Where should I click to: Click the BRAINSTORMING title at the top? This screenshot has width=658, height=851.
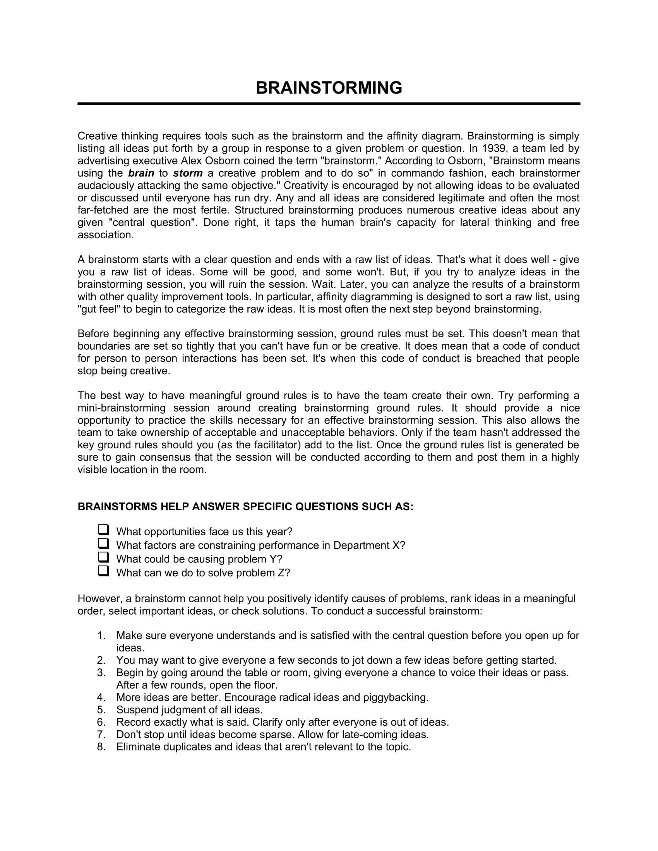click(329, 88)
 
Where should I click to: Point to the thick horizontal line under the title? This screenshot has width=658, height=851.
click(329, 104)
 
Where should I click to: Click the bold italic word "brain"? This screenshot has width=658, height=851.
click(141, 173)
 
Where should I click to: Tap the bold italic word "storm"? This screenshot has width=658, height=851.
click(188, 173)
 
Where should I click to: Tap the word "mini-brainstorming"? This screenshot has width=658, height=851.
click(121, 408)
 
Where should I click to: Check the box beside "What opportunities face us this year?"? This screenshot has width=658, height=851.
click(103, 530)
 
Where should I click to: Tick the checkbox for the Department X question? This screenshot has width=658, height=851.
click(103, 544)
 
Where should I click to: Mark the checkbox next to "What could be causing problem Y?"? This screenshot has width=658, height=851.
click(103, 557)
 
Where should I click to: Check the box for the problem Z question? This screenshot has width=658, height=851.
click(103, 572)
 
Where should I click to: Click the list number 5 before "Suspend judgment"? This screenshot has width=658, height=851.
click(101, 710)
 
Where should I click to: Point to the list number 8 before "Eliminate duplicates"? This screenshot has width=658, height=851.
click(101, 747)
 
